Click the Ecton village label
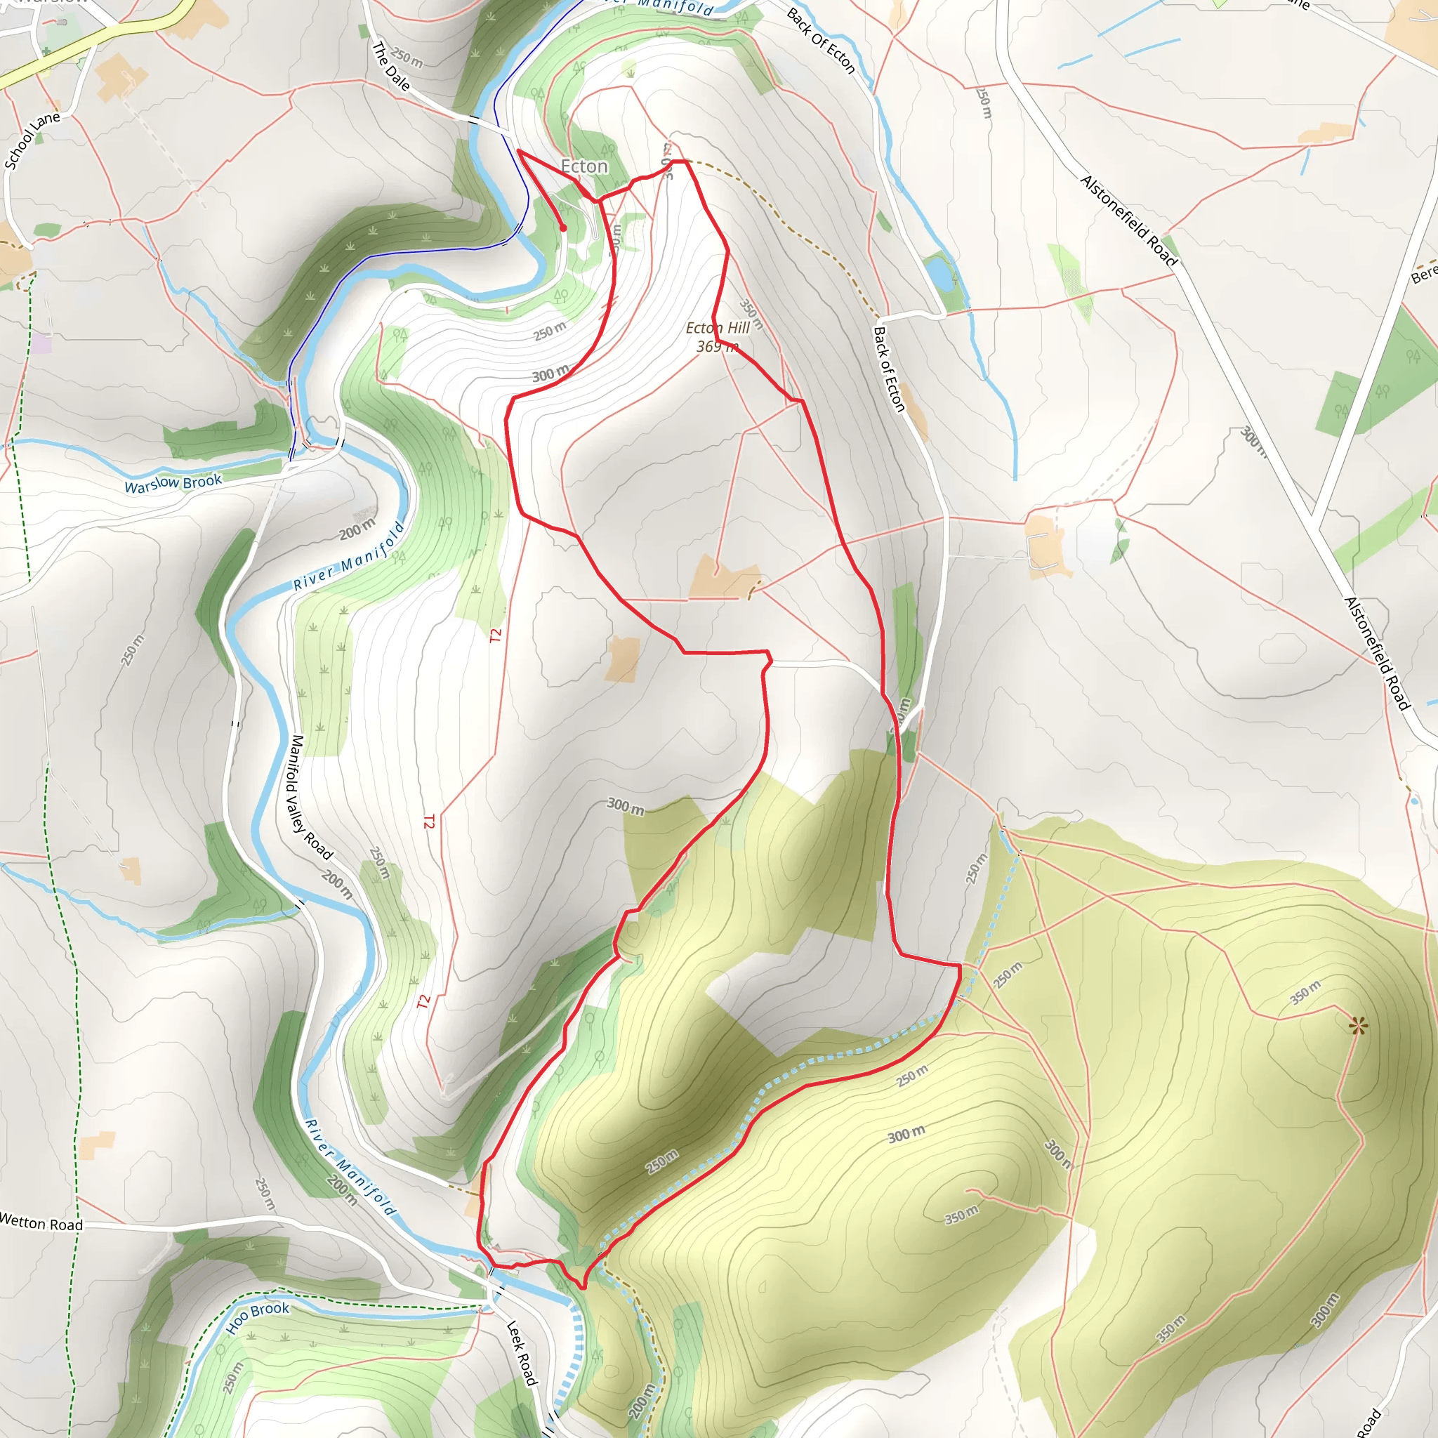click(x=584, y=166)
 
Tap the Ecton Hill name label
click(x=717, y=327)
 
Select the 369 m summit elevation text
click(x=717, y=347)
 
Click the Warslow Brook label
click(x=173, y=484)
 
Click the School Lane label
click(x=32, y=140)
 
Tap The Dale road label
click(x=391, y=66)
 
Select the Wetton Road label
click(x=41, y=1222)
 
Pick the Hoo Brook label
click(x=258, y=1317)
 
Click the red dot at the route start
click(x=563, y=227)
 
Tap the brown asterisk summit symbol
click(x=1358, y=1027)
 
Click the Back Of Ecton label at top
click(x=820, y=41)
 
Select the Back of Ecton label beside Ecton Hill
click(x=889, y=369)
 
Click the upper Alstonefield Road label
click(x=1128, y=220)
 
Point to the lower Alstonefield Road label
click(x=1377, y=654)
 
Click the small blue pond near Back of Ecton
click(x=939, y=273)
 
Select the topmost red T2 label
click(x=496, y=635)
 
